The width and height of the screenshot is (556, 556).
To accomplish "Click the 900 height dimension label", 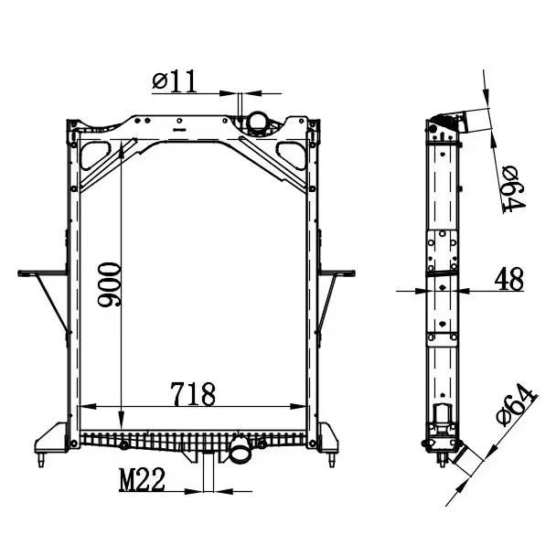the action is [x=109, y=284].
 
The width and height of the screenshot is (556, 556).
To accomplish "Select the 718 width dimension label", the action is [x=193, y=394].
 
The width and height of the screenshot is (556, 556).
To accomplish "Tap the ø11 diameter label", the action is [x=174, y=81].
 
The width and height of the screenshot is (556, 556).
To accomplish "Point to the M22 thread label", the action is [x=142, y=479].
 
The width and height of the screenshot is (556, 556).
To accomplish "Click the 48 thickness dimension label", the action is [x=509, y=279].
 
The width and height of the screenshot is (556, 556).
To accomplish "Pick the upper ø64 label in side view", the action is [x=514, y=189].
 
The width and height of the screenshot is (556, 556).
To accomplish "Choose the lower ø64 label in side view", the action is [x=517, y=405].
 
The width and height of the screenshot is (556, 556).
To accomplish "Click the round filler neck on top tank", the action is [x=258, y=123].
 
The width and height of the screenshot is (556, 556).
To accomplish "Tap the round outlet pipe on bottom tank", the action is [x=240, y=450].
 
